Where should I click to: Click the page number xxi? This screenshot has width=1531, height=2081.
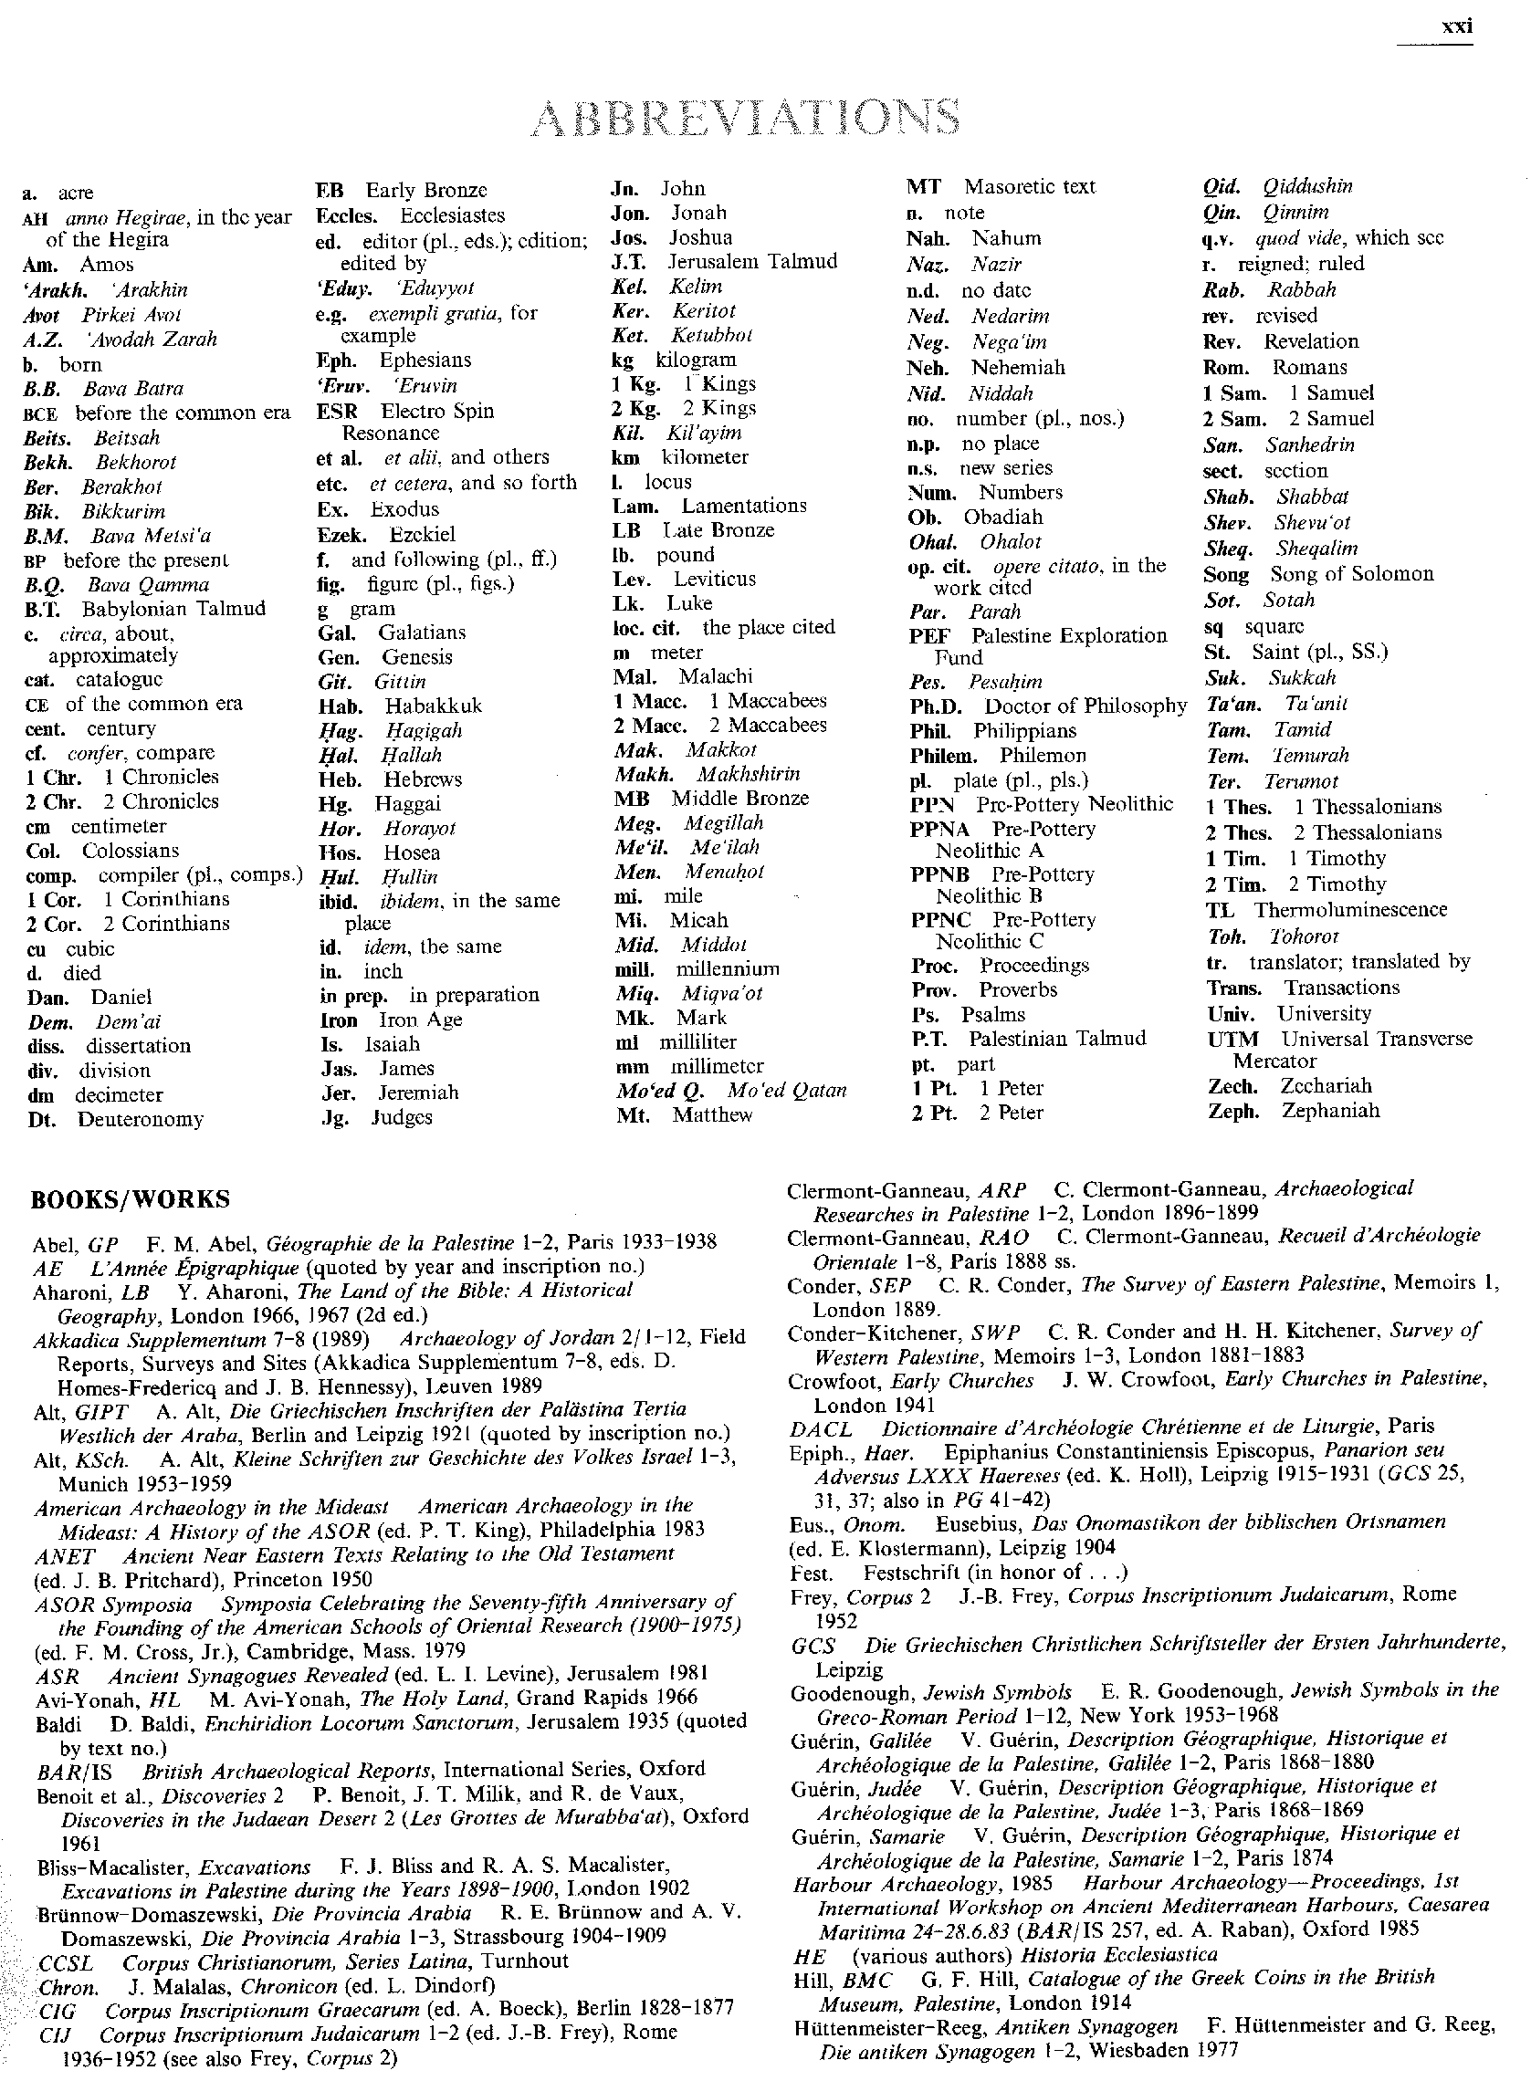pos(1457,26)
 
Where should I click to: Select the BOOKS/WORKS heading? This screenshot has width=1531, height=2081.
pos(130,1200)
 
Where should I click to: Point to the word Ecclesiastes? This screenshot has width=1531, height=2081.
pos(452,216)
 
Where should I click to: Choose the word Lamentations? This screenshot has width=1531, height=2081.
pos(743,506)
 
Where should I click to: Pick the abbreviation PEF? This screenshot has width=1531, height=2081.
pos(928,635)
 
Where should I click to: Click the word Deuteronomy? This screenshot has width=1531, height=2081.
pos(140,1119)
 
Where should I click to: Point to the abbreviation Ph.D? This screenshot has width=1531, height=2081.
pos(936,706)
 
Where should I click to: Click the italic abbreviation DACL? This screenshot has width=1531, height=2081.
pos(821,1427)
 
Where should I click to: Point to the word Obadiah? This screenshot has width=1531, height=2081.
pos(1002,517)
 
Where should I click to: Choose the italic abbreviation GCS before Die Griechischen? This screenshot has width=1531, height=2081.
pos(813,1647)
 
